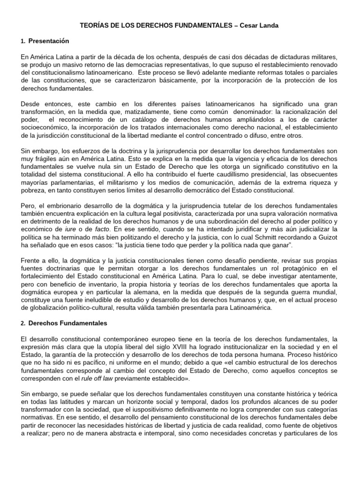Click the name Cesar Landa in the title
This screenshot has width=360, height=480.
coord(261,26)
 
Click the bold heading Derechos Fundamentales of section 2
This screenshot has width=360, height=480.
coord(68,323)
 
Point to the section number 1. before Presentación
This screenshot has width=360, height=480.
coord(23,41)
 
